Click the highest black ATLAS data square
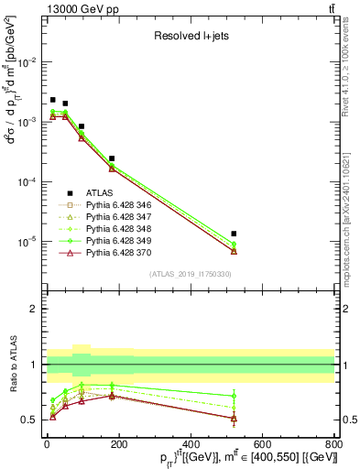click(53, 100)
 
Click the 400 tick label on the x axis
click(191, 444)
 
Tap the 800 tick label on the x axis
click(333, 444)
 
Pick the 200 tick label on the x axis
click(119, 444)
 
